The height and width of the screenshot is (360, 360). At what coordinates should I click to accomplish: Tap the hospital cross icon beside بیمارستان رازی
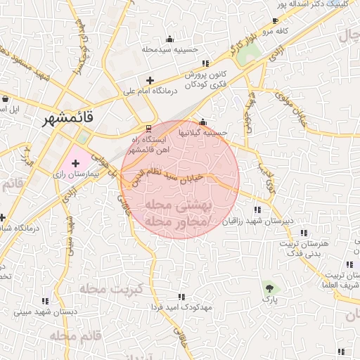(75, 163)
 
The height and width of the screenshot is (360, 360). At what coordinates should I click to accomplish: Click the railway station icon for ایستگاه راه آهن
(148, 129)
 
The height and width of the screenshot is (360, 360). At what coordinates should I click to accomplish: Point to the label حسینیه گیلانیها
(203, 132)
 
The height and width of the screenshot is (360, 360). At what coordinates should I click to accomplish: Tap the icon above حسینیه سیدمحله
(169, 39)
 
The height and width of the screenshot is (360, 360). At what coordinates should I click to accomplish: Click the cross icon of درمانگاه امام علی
(149, 80)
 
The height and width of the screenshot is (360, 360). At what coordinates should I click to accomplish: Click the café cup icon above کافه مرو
(274, 22)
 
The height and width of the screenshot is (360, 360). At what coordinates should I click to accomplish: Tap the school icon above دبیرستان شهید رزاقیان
(257, 210)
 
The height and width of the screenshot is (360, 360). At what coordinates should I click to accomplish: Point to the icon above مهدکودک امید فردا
(181, 297)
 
